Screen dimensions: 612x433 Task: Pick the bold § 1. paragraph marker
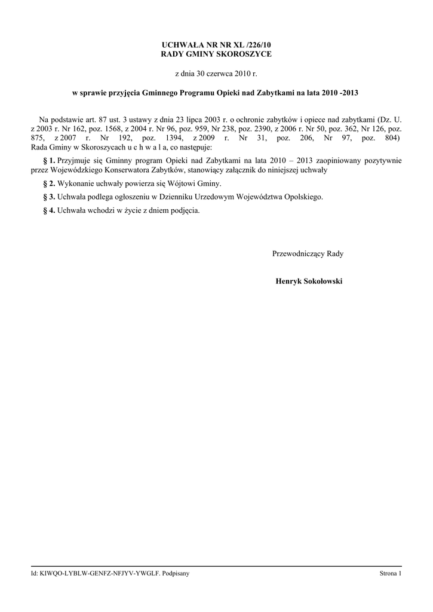pos(48,161)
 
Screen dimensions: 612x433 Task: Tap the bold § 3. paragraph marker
pos(48,197)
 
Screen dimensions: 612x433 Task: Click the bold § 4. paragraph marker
pos(48,210)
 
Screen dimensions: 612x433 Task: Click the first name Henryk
pos(286,281)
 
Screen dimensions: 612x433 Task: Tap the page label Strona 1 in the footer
pos(391,574)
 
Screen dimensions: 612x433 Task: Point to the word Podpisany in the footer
pos(177,574)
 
